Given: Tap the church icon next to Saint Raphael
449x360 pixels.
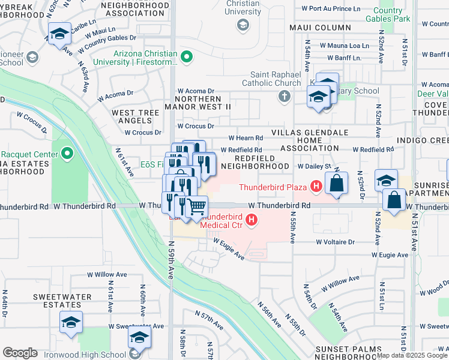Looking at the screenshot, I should coord(285,96).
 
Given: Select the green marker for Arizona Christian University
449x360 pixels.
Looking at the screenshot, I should coord(187,58).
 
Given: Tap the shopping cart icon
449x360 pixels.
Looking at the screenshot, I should coord(197,207).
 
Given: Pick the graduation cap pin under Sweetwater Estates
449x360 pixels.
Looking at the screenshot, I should coord(71,323).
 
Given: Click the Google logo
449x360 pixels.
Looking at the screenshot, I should coord(20,353).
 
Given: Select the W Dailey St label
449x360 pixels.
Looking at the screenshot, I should coord(315,166).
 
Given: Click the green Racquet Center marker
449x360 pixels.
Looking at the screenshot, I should coord(67,154).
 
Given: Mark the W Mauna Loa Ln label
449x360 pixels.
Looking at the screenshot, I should coord(344,46).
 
